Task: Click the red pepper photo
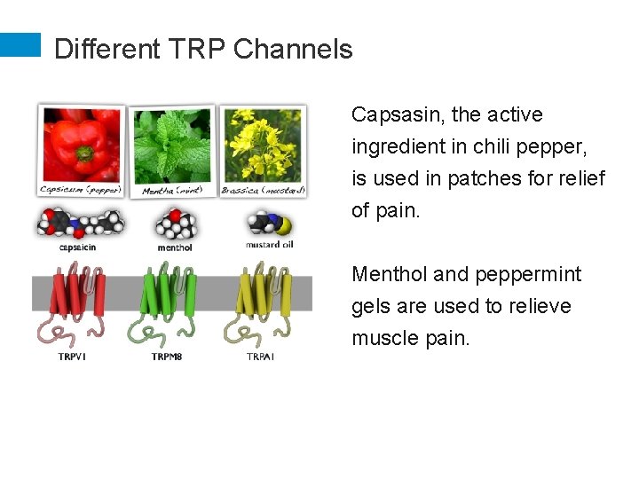coord(82,144)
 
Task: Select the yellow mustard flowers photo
coord(263,142)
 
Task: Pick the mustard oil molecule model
coord(269,224)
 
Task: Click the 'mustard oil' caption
coord(270,245)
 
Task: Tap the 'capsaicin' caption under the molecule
coord(78,247)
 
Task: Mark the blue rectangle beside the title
coord(20,45)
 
